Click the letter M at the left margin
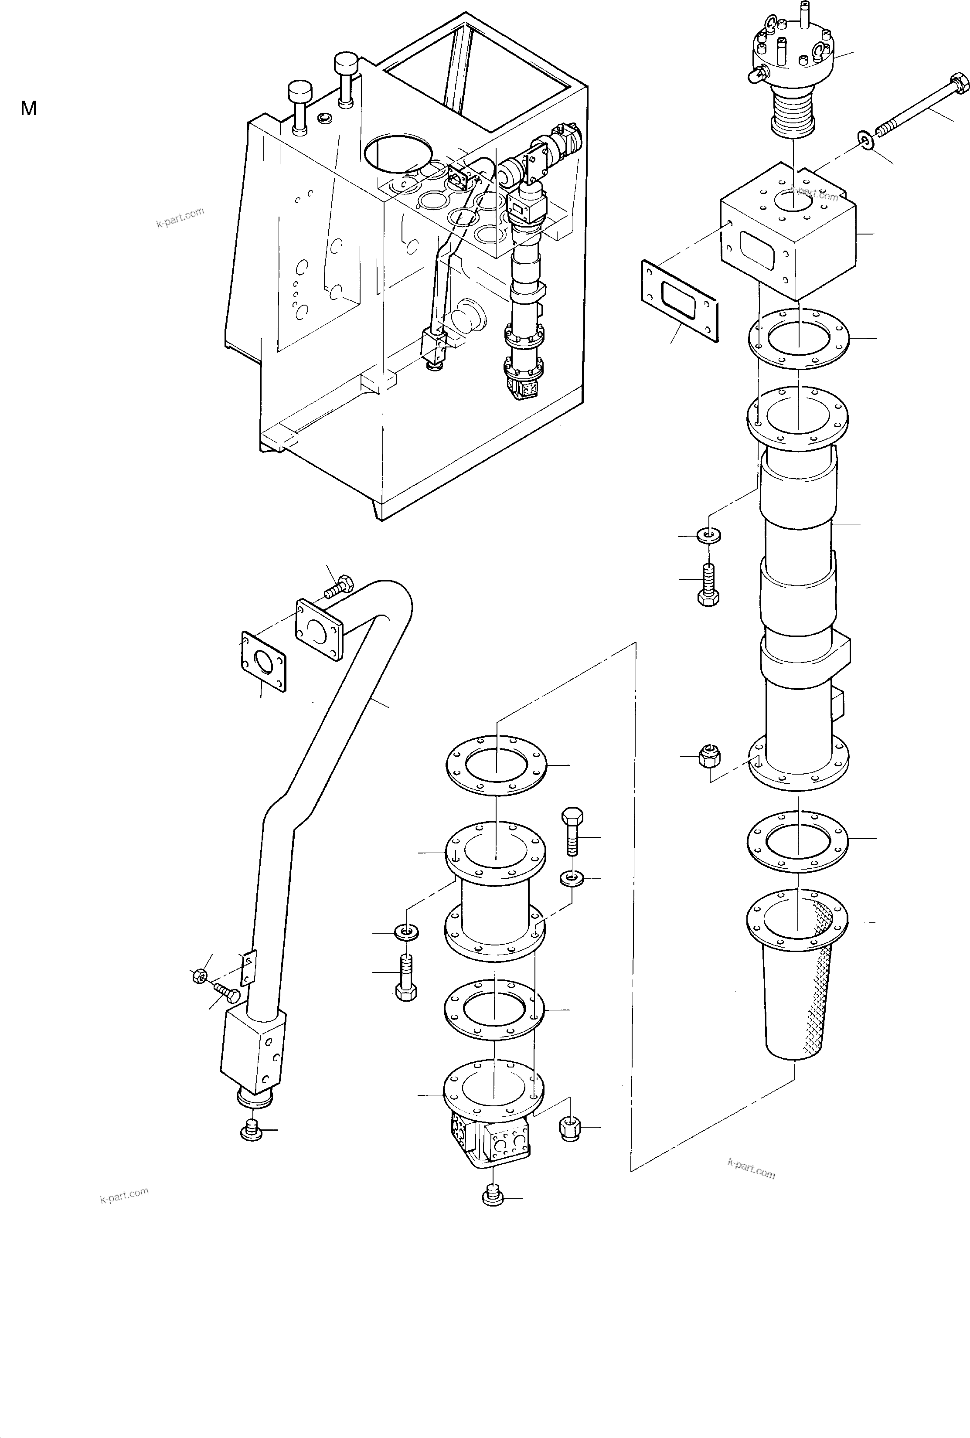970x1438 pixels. (x=28, y=109)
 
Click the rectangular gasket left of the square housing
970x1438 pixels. (x=679, y=300)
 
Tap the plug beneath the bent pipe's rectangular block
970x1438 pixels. (x=252, y=1129)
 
